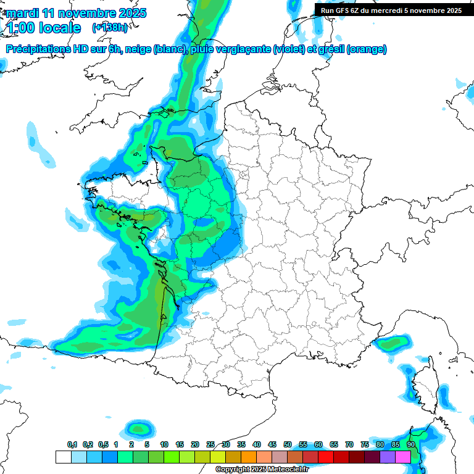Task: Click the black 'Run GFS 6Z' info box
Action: (x=391, y=10)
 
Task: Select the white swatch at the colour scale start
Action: (x=63, y=457)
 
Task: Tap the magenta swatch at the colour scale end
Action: (x=403, y=457)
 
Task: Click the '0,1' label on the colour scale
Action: (x=72, y=445)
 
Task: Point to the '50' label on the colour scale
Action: (x=288, y=445)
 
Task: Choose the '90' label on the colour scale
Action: (x=411, y=445)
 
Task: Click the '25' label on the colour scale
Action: (x=210, y=445)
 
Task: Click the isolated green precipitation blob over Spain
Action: (x=138, y=428)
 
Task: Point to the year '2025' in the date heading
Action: (x=132, y=13)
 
